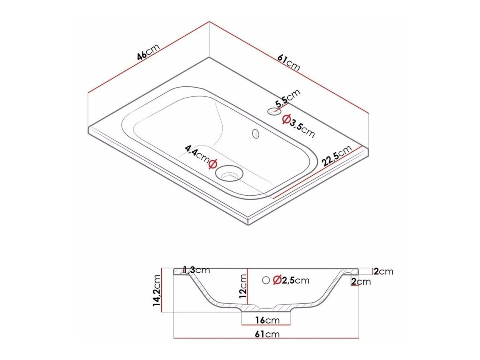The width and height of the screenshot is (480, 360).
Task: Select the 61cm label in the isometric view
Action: point(288,62)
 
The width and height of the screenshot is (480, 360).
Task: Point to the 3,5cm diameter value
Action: point(303,127)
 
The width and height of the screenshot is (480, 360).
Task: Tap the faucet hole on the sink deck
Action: point(274,111)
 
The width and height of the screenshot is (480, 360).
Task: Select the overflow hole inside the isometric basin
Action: point(255,133)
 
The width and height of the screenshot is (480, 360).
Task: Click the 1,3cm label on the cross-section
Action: point(196,270)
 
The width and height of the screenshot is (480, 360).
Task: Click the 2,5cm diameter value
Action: point(295,280)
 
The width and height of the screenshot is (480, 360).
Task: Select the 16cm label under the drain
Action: point(266,320)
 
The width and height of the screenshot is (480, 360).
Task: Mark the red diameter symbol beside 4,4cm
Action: point(213,163)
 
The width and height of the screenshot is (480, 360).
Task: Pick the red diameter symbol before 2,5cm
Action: point(276,280)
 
